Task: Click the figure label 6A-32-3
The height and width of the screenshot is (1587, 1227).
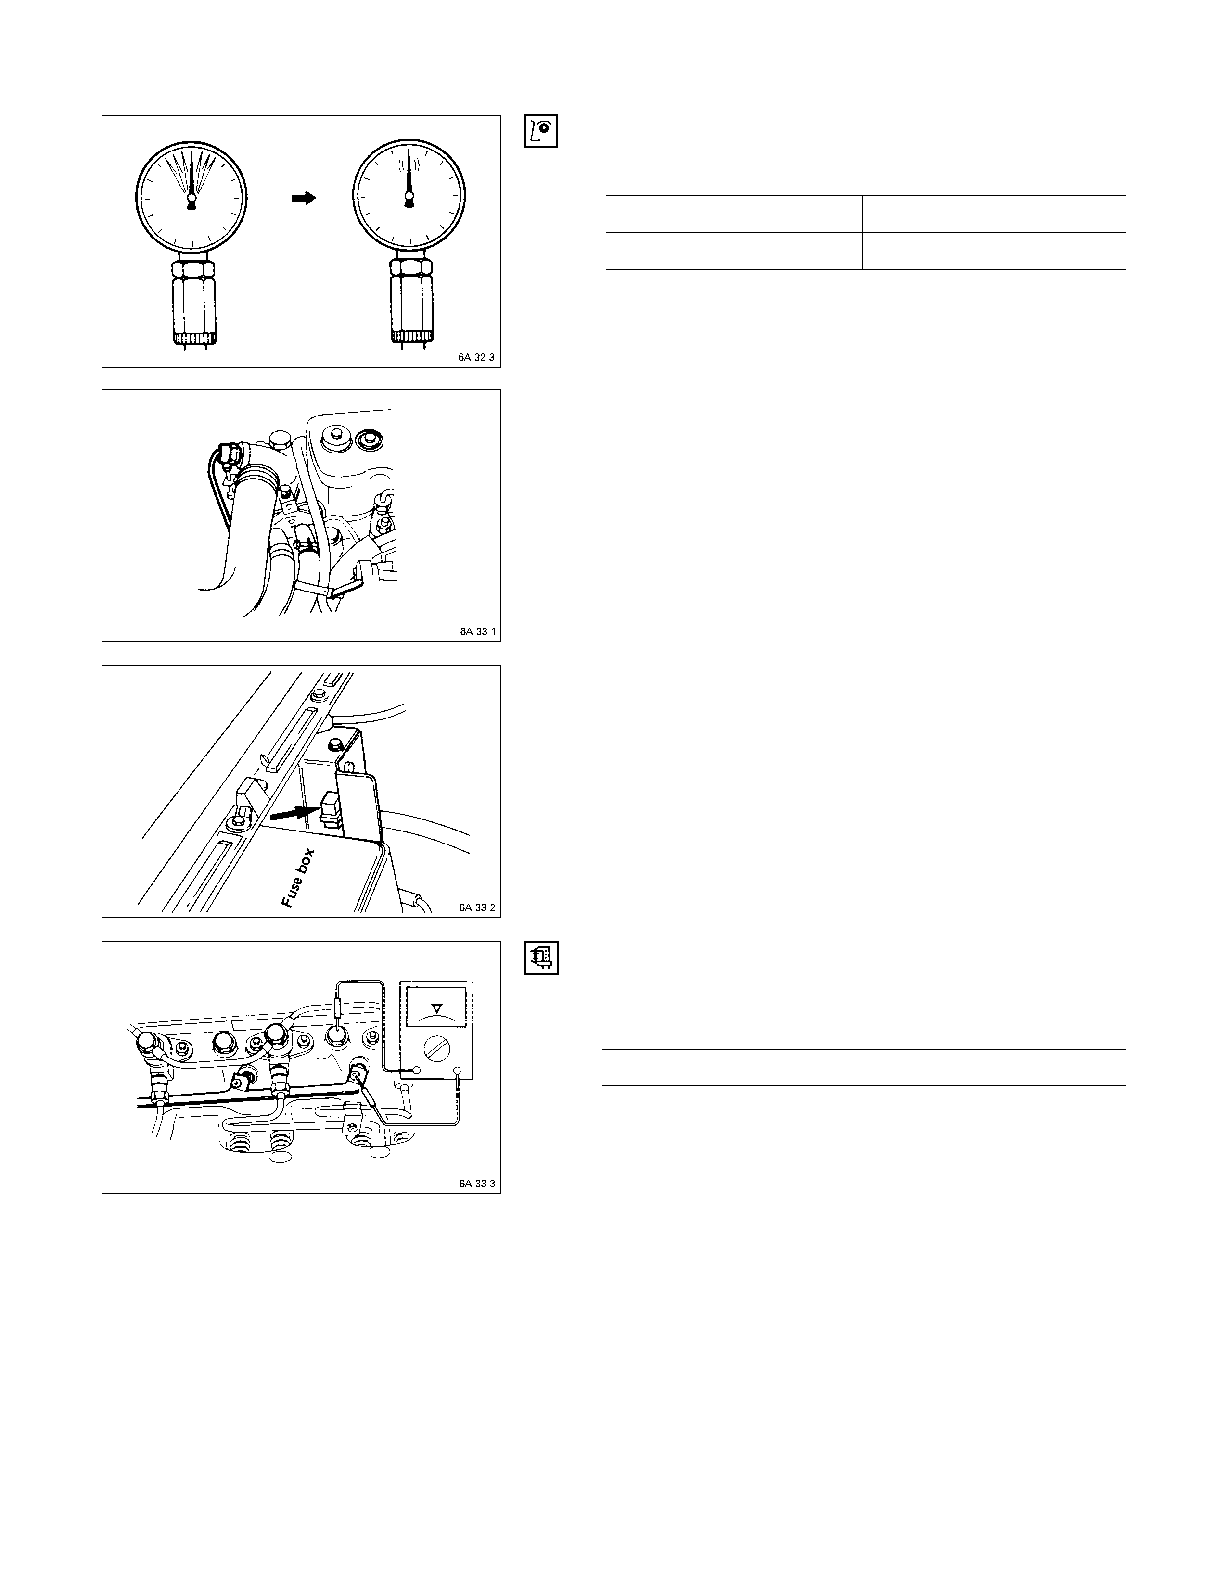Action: click(x=476, y=357)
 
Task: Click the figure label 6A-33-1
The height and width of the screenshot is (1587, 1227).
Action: click(x=478, y=631)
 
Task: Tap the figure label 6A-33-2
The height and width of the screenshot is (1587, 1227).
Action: click(x=477, y=907)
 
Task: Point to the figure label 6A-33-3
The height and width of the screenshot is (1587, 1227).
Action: click(x=477, y=1184)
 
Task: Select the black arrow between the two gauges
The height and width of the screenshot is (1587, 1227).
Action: click(x=304, y=198)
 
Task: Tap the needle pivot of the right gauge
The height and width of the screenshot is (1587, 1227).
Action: click(x=409, y=197)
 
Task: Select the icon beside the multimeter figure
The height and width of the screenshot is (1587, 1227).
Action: click(x=541, y=957)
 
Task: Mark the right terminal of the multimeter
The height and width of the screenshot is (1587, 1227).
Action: click(x=458, y=1070)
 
